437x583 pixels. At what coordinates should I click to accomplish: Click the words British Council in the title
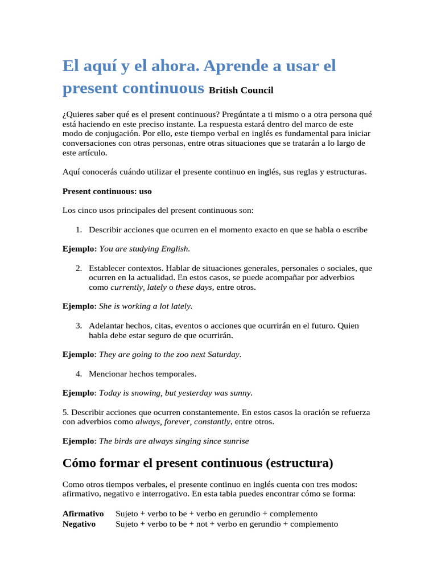tap(241, 91)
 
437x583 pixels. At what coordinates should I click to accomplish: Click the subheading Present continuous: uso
tap(107, 191)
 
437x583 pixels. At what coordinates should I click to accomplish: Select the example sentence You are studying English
tap(145, 249)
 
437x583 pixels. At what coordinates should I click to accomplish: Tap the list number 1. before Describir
tap(79, 230)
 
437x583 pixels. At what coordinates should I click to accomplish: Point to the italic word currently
tap(126, 288)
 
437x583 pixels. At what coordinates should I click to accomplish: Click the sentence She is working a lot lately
tap(146, 306)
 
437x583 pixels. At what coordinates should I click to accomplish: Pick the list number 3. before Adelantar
tap(79, 326)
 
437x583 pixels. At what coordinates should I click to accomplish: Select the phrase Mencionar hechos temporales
tap(142, 373)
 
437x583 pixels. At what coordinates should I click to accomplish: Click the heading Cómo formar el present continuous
tap(197, 463)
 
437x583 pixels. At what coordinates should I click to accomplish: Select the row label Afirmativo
tap(83, 514)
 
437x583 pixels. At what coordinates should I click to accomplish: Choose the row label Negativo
tap(79, 524)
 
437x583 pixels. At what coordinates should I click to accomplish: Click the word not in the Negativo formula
tap(201, 524)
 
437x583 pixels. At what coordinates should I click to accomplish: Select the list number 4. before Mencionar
tap(79, 373)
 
